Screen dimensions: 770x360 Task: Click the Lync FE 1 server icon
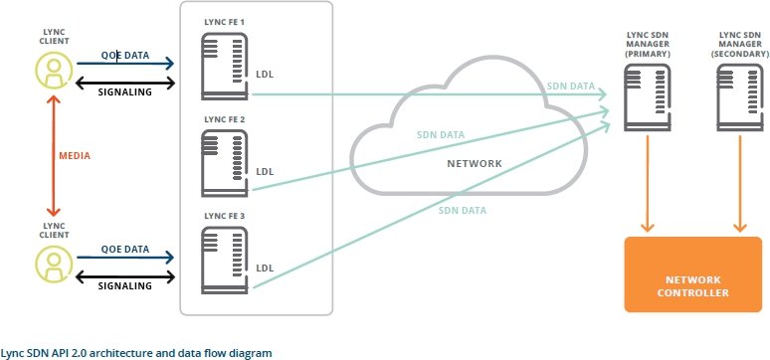click(225, 67)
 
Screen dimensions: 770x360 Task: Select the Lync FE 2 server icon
click(225, 163)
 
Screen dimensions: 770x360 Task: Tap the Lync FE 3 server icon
click(225, 260)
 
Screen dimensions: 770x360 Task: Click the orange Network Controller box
click(693, 274)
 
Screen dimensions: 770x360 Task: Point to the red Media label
click(75, 156)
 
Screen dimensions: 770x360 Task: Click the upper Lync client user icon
click(54, 71)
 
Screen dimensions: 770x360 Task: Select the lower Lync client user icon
click(54, 265)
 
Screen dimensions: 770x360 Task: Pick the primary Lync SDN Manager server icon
click(648, 97)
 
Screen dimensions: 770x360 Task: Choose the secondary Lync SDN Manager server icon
click(740, 97)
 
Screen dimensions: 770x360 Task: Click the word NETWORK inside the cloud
click(475, 163)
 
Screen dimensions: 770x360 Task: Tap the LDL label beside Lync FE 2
click(265, 172)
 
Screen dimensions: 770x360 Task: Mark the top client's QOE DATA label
click(125, 56)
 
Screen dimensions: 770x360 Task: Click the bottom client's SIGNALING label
click(124, 285)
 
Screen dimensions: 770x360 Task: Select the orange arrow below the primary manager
click(648, 183)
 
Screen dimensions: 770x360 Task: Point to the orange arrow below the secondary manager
click(740, 183)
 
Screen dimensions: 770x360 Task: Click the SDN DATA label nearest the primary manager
click(571, 87)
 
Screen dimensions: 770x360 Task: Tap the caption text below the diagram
click(135, 353)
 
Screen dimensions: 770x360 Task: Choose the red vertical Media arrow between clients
click(53, 156)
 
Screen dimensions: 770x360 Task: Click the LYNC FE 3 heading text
click(224, 216)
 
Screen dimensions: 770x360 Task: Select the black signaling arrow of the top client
click(125, 83)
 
